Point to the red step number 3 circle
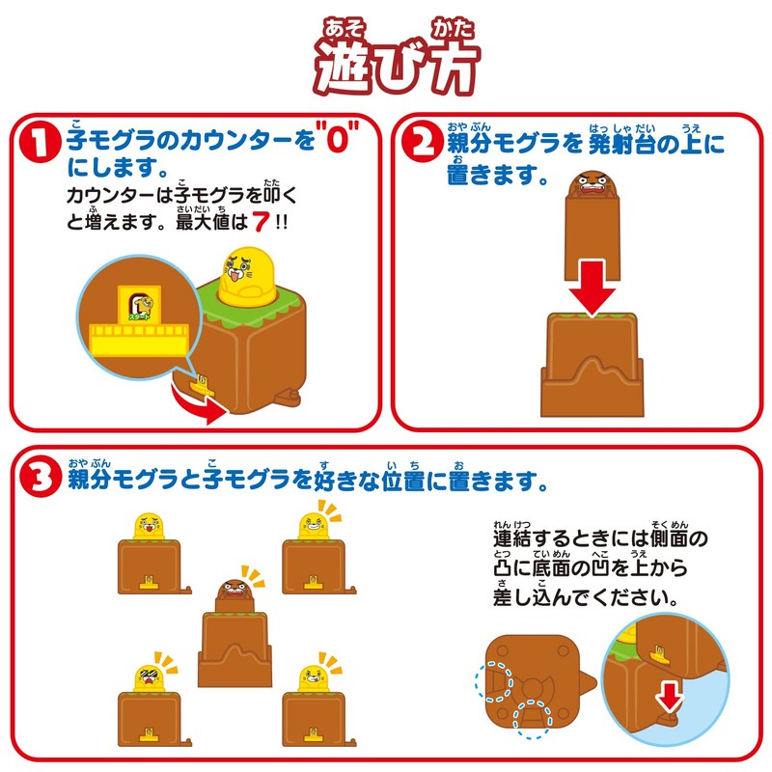(x=41, y=477)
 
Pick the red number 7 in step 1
(x=261, y=222)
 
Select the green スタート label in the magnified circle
(x=139, y=317)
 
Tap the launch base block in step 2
(x=593, y=365)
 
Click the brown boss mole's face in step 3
(x=233, y=590)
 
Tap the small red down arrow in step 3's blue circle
(x=669, y=696)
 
